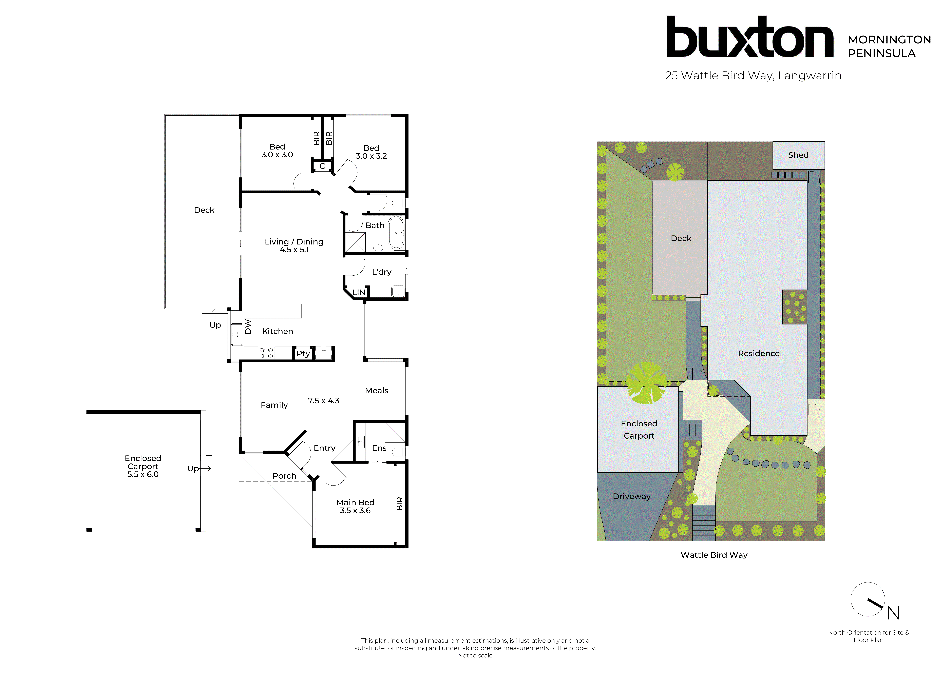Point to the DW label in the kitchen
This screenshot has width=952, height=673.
tap(248, 326)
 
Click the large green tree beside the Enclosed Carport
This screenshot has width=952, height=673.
tap(646, 383)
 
